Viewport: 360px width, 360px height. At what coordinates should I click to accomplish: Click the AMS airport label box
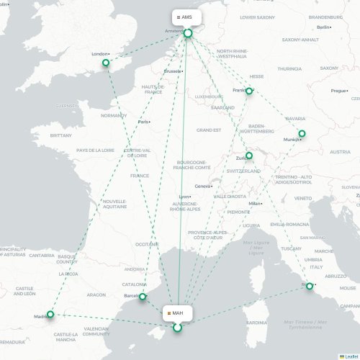(x=186, y=17)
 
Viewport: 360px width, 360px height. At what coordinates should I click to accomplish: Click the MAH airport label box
(x=175, y=313)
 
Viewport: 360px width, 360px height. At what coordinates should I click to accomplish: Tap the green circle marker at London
(x=107, y=63)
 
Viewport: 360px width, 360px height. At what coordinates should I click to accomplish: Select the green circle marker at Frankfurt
(x=249, y=91)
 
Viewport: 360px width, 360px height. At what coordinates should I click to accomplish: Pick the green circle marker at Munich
(x=302, y=133)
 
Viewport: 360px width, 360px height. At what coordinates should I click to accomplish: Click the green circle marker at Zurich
(x=249, y=156)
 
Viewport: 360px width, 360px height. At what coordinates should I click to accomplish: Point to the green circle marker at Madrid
(x=50, y=315)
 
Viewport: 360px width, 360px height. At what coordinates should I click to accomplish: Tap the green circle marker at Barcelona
(x=143, y=297)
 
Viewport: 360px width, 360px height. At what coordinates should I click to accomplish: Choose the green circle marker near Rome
(x=310, y=287)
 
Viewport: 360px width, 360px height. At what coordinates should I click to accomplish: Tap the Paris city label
(x=144, y=122)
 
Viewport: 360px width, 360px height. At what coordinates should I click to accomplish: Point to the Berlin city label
(x=323, y=27)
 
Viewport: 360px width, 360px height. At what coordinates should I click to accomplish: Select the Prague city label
(x=339, y=91)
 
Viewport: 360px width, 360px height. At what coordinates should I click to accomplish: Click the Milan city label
(x=254, y=204)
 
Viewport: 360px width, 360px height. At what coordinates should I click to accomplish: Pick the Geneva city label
(x=203, y=186)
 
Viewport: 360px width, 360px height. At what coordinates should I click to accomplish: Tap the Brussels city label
(x=173, y=71)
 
